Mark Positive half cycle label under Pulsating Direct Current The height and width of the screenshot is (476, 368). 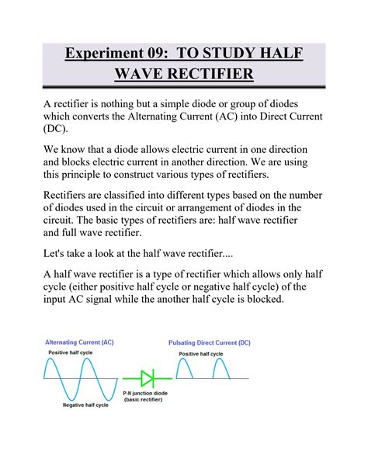click(x=202, y=353)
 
